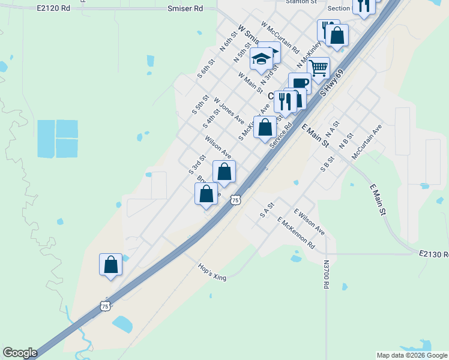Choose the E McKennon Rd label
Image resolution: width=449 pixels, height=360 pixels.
[297, 233]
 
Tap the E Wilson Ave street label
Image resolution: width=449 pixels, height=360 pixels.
[309, 222]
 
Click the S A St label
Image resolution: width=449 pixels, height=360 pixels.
[267, 209]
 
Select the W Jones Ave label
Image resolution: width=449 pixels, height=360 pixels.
[229, 109]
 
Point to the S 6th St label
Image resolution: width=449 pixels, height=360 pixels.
[208, 70]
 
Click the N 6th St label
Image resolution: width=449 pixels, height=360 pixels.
[226, 43]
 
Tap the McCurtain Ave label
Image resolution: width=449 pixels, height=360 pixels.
[367, 142]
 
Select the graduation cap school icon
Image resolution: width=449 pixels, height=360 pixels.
[261, 59]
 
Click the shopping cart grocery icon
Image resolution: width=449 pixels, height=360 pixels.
[319, 67]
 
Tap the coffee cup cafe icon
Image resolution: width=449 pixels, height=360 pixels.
[300, 83]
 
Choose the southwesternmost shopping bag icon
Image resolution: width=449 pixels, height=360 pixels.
[110, 264]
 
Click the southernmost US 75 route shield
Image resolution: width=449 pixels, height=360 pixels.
[105, 306]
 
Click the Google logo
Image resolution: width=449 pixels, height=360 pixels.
[20, 353]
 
